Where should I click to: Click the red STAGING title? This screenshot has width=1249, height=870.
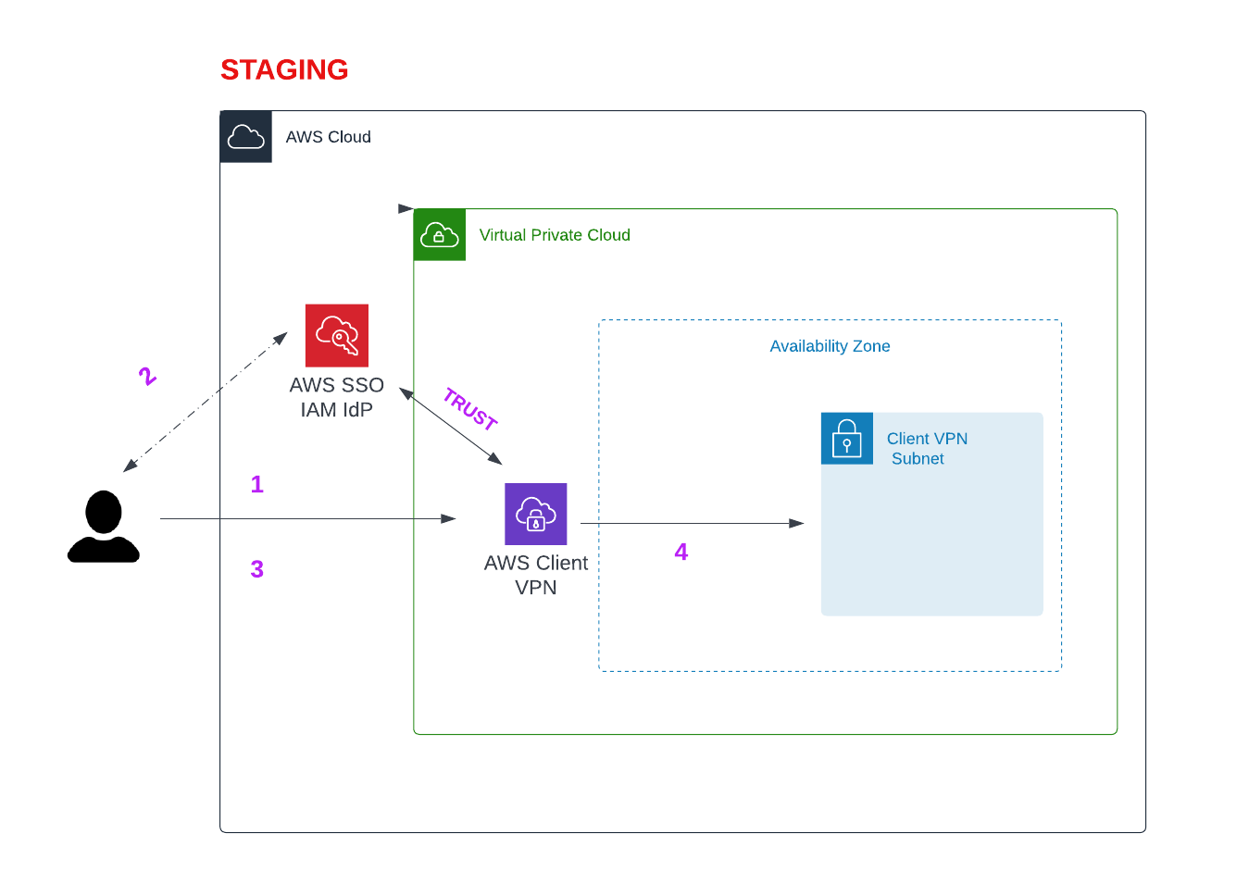pos(284,69)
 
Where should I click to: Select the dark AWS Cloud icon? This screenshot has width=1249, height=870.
pos(246,137)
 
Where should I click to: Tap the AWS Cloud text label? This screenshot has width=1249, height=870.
pos(328,137)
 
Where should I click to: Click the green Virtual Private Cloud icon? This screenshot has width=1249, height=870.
pos(440,235)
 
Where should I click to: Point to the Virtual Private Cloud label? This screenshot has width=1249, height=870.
pos(555,235)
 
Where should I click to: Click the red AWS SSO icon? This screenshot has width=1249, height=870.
pos(337,335)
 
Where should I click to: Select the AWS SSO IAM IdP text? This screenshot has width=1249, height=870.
pos(337,397)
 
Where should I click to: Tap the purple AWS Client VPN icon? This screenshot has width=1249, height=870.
pos(536,514)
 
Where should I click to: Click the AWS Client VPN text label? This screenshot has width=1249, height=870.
pos(536,575)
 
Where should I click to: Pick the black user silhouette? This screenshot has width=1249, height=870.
pos(104,527)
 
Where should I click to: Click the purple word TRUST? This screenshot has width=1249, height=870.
pos(470,409)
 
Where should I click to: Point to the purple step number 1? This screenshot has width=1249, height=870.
pos(257,484)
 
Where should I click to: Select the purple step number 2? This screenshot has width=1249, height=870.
pos(147,376)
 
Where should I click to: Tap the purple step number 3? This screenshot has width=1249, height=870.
pos(257,569)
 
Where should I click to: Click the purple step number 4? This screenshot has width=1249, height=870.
pos(681,552)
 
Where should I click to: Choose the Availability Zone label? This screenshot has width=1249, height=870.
pos(830,346)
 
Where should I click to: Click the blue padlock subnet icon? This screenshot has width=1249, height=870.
pos(847,438)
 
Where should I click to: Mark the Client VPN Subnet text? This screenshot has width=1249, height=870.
pos(926,449)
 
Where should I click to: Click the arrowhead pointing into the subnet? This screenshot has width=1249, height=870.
pos(796,523)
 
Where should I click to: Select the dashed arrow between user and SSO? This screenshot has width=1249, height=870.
pos(206,402)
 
